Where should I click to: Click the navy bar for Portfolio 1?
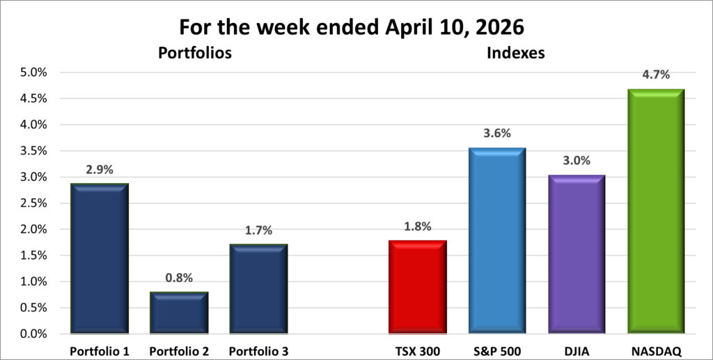pyautogui.click(x=99, y=258)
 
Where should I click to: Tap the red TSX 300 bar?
pyautogui.click(x=418, y=286)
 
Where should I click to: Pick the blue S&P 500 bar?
pyautogui.click(x=497, y=240)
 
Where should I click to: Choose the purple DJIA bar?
pyautogui.click(x=577, y=254)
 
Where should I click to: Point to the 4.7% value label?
pyautogui.click(x=656, y=75)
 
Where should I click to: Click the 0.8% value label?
pyautogui.click(x=179, y=278)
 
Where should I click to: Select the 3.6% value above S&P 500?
pyautogui.click(x=497, y=133)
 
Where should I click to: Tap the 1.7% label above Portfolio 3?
pyautogui.click(x=258, y=230)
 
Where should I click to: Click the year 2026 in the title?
pyautogui.click(x=509, y=27)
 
